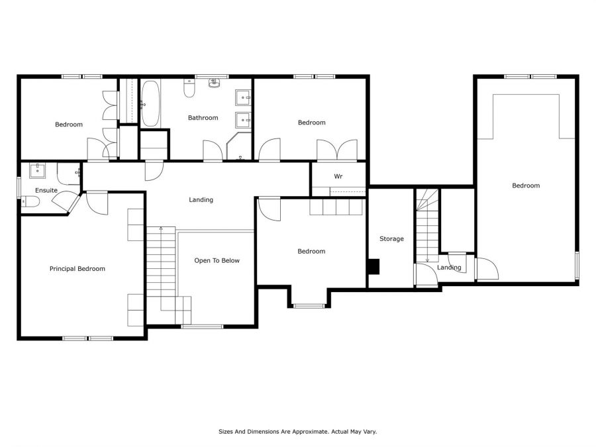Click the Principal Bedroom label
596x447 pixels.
pos(77,269)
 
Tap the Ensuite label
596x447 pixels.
pos(46,190)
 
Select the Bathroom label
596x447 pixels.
pos(203,118)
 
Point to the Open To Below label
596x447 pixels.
pos(217,260)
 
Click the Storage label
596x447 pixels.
pos(391,238)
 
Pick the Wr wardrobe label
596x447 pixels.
pos(338,176)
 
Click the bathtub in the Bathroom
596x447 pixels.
pos(150,104)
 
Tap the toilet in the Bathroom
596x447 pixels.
pos(189,88)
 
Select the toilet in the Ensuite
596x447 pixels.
pos(30,201)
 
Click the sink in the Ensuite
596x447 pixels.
pos(38,171)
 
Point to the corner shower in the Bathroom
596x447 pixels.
pos(239,146)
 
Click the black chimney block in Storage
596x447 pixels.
pos(374,266)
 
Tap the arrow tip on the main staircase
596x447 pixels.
pos(161,228)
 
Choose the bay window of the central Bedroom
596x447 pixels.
pos(309,305)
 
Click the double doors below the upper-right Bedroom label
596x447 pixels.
pos(337,150)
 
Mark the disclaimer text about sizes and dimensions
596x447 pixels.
pos(297,431)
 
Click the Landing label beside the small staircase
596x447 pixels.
pos(449,268)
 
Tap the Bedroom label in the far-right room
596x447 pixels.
pos(526,185)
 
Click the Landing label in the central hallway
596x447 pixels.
pos(201,199)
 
